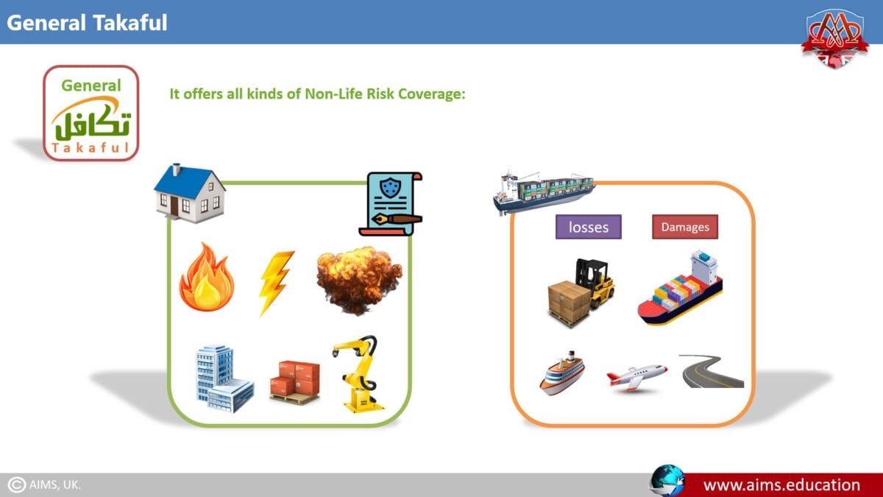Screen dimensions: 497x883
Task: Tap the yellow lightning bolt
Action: (x=276, y=282)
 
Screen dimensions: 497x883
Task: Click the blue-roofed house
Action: (x=190, y=193)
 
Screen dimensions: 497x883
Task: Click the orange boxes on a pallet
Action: (x=294, y=381)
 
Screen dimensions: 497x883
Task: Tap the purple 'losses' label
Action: (x=588, y=227)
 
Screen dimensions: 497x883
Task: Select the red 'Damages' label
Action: (x=684, y=227)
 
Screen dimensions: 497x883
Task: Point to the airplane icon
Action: (x=636, y=376)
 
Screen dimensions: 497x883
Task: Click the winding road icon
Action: (x=712, y=371)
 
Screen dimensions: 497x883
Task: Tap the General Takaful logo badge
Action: (x=91, y=113)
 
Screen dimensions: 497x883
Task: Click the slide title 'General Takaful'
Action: (x=87, y=22)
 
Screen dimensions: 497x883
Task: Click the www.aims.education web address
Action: (x=781, y=484)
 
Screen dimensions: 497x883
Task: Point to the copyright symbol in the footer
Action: (x=16, y=484)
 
